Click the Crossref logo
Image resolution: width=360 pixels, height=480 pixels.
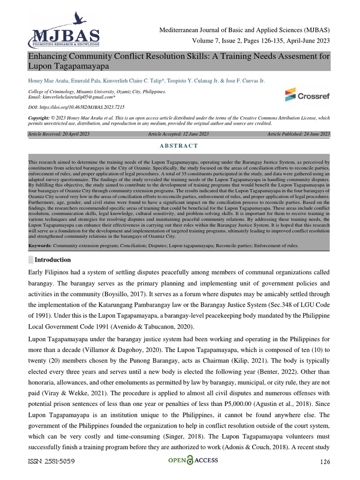coord(307,95)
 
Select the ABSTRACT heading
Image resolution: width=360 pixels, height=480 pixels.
coord(180,146)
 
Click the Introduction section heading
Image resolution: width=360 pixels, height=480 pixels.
coord(53,260)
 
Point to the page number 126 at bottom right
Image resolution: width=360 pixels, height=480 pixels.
coord(325,462)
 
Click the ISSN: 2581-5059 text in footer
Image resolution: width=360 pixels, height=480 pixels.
coord(52,461)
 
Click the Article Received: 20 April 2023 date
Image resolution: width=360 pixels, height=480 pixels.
coord(59,134)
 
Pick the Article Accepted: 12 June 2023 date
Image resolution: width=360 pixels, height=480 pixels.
coord(179,134)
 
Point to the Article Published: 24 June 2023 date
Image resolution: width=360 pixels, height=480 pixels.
coord(299,134)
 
